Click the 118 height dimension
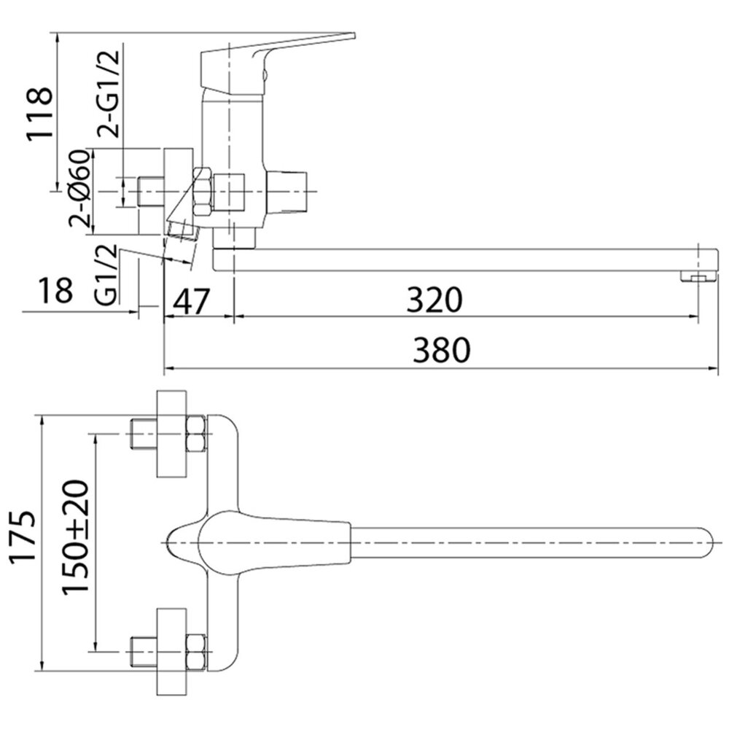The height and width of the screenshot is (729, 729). point(39,114)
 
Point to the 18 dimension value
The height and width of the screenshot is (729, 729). point(56,290)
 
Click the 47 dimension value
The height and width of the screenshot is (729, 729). point(192,301)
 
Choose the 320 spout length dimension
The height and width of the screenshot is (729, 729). point(434,300)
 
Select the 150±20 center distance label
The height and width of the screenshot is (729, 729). point(75,537)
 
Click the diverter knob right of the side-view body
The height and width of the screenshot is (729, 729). point(286,192)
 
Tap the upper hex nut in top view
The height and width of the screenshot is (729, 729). point(195,434)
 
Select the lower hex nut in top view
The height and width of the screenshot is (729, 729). point(195,652)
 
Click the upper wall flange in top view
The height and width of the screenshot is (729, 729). point(171,434)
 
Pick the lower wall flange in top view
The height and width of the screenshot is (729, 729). point(171,652)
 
